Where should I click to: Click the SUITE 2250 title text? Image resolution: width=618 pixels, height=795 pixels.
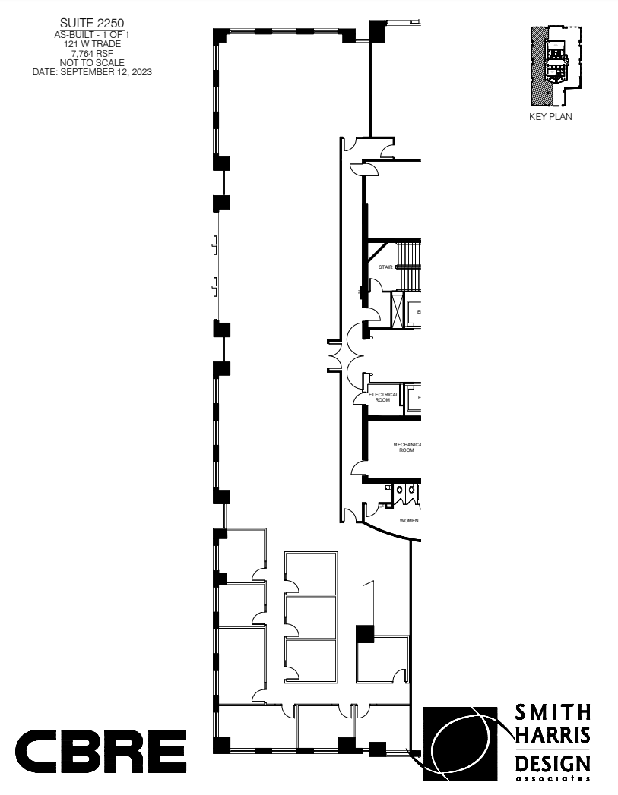coord(91,34)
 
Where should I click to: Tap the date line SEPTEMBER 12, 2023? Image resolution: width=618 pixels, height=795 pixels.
coord(91,72)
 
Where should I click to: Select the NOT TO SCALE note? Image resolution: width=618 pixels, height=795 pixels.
coord(91,63)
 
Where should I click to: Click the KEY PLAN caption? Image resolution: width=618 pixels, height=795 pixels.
coord(550,117)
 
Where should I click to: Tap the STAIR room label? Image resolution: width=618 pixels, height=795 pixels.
coord(385,267)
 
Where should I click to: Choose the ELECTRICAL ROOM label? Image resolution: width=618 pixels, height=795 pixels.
coord(383,397)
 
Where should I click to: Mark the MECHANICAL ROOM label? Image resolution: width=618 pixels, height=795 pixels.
coord(407,447)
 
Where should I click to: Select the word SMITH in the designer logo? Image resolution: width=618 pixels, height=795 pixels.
coord(553,712)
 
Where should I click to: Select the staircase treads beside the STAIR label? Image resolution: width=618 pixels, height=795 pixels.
coord(409,266)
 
